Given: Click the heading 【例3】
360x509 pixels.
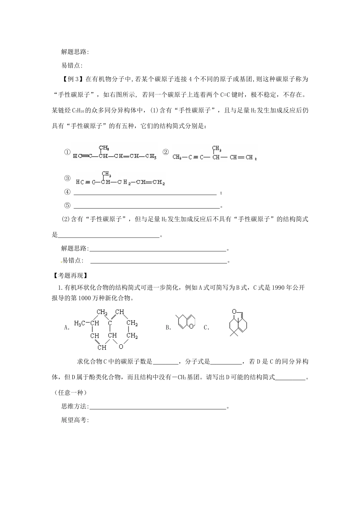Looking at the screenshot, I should [72, 79].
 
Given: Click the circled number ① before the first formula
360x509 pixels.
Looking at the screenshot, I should [67, 152].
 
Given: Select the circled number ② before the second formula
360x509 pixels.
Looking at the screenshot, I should [166, 152].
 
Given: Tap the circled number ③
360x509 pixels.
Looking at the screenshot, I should [67, 178].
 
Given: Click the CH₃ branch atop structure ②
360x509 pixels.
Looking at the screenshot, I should [216, 148].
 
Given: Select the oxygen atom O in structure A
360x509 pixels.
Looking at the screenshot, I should [121, 346].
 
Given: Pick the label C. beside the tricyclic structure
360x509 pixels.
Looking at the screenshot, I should [207, 328].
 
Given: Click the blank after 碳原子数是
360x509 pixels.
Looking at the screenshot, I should [165, 362].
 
